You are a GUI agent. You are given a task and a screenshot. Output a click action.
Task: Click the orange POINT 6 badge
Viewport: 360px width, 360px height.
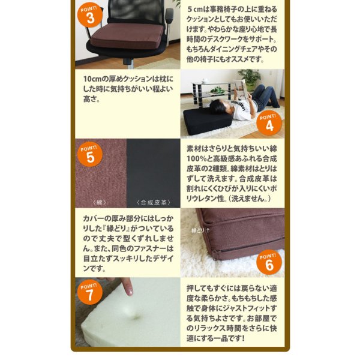pos(269,262)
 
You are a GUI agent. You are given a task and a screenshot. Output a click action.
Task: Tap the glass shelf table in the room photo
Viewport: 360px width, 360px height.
pos(212,92)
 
